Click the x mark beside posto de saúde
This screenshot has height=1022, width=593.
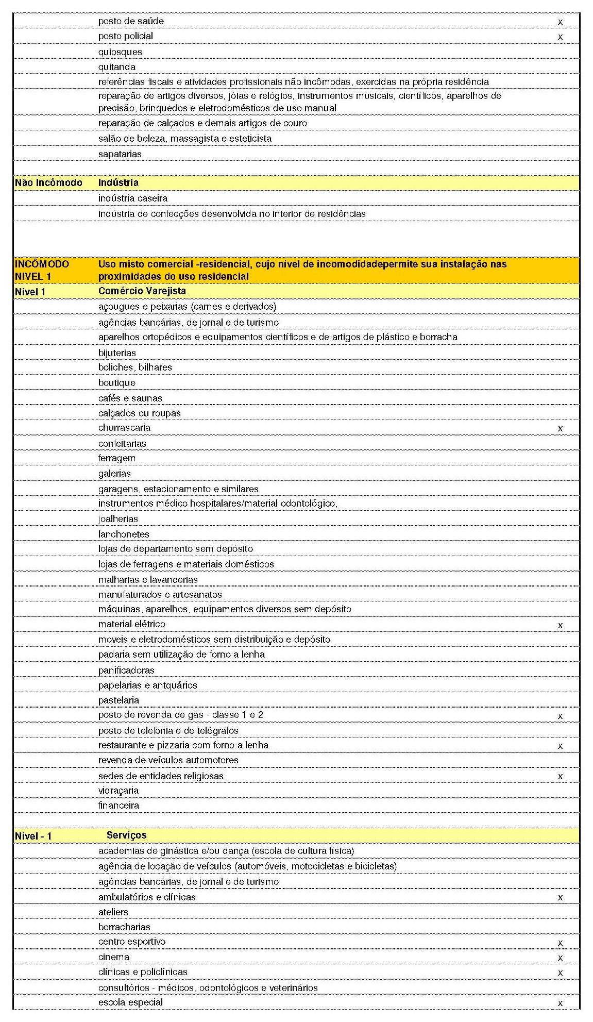[560, 22]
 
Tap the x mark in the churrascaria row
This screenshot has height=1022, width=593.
[560, 429]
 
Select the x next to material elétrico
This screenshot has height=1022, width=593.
[560, 626]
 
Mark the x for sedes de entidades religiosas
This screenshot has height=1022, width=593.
[560, 777]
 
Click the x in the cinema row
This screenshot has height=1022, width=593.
[560, 958]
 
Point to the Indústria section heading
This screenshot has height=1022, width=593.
[118, 183]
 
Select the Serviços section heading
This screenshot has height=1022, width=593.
[127, 835]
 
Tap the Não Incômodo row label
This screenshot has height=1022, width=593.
[48, 183]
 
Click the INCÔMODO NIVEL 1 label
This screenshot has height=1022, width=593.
[42, 270]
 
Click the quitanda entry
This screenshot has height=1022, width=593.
[117, 67]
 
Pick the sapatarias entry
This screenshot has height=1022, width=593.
[120, 154]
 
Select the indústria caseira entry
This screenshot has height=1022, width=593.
[132, 198]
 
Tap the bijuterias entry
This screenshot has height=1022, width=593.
[117, 353]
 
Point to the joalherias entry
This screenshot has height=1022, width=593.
[118, 519]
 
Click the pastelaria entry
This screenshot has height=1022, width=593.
[118, 700]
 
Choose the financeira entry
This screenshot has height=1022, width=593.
[118, 806]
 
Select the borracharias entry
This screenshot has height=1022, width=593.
[124, 927]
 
